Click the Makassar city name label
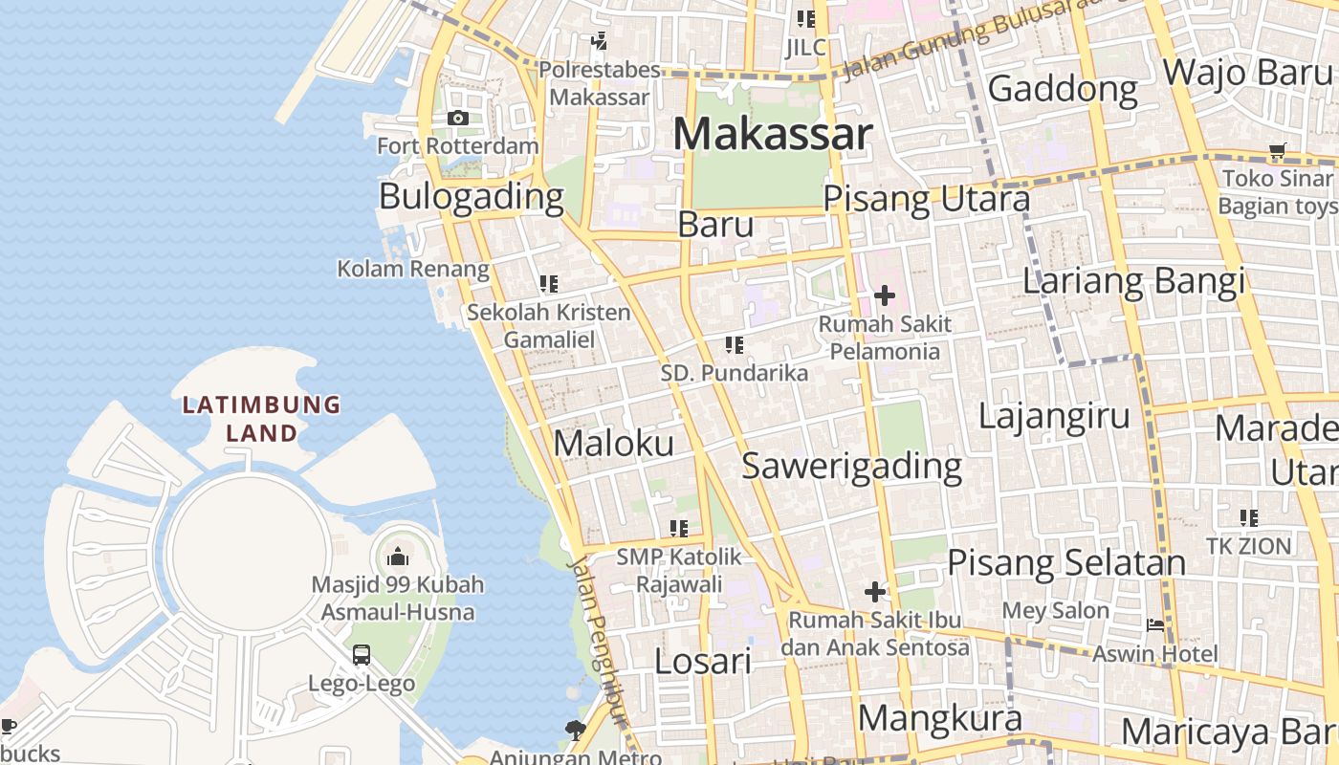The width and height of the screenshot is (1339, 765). (773, 134)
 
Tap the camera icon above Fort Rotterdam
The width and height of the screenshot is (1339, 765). (458, 118)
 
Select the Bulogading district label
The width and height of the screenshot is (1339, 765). (472, 196)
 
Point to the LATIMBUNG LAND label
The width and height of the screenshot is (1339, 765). (261, 419)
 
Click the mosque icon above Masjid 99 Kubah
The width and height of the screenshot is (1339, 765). (398, 557)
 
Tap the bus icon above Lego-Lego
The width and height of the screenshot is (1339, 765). (362, 655)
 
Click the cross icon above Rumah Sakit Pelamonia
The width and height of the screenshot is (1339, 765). (885, 295)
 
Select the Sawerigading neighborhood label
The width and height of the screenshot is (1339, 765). (852, 466)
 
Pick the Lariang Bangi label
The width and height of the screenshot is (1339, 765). (1133, 281)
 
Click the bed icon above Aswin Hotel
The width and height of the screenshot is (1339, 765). (1155, 625)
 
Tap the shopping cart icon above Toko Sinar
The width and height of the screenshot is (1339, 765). (1277, 150)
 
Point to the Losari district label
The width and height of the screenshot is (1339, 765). (703, 661)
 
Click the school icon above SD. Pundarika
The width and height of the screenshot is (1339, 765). (735, 345)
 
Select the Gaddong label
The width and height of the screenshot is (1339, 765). (1063, 89)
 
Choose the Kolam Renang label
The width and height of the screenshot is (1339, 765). (413, 269)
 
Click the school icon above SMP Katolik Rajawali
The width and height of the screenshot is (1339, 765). (679, 528)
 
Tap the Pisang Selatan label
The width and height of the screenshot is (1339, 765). (1066, 562)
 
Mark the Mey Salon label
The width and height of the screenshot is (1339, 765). (1056, 610)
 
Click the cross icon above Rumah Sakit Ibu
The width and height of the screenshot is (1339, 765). (875, 592)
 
